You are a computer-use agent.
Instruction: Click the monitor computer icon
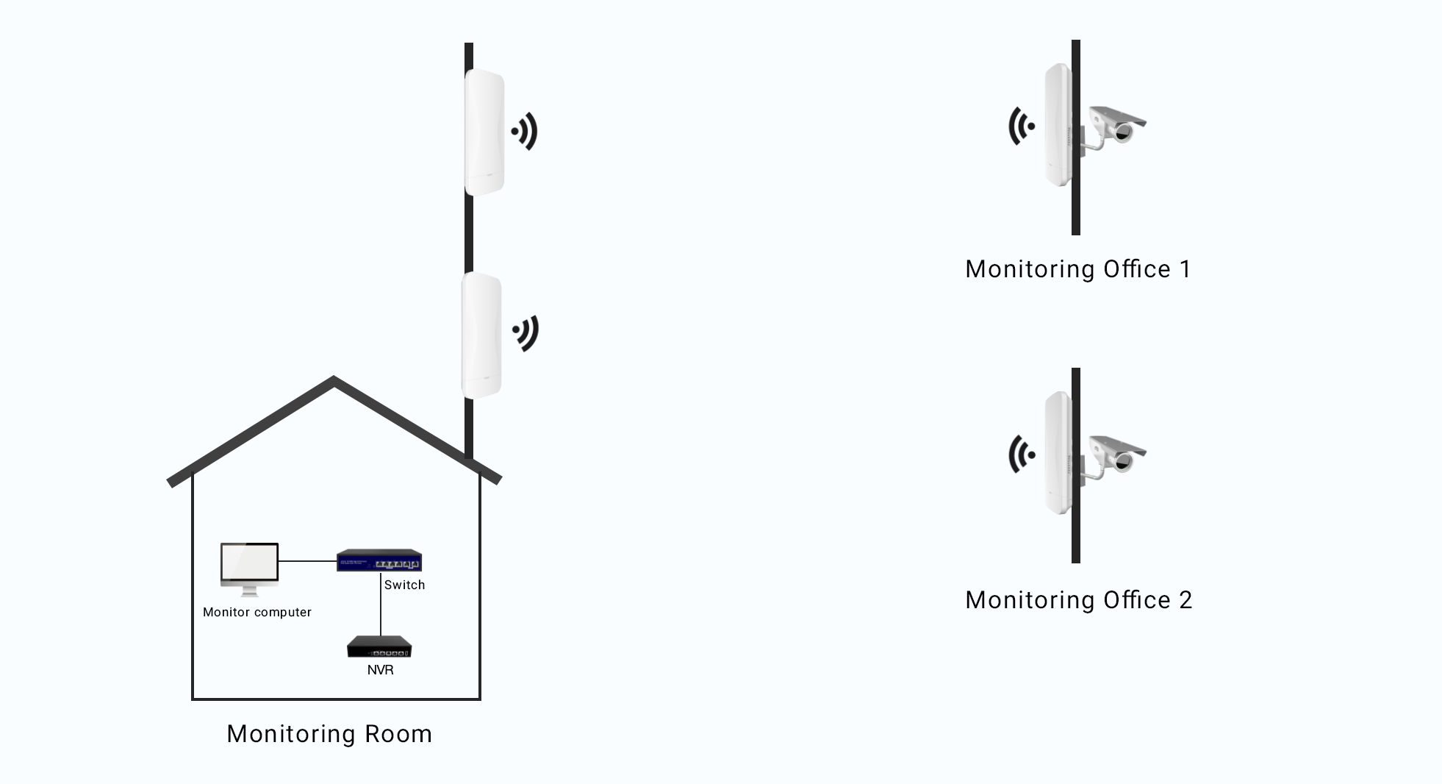point(249,567)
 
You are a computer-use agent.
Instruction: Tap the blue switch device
point(379,561)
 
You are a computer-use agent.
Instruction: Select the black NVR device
point(379,646)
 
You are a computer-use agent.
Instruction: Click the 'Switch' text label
point(404,585)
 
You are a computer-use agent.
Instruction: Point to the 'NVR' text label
point(380,670)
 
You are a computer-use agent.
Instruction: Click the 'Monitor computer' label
point(257,612)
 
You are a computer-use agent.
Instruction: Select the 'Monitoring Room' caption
point(329,734)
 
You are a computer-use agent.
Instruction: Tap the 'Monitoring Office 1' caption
point(1078,269)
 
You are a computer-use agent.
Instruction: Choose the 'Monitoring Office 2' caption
point(1078,600)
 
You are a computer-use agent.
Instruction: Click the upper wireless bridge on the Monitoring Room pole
point(484,132)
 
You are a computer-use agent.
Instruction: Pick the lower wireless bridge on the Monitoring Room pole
point(481,335)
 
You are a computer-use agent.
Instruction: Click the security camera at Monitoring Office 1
point(1116,126)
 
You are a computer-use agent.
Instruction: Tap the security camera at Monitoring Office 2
point(1116,455)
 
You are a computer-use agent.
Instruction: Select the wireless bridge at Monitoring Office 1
point(1058,125)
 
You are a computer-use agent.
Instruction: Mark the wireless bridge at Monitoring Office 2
point(1058,453)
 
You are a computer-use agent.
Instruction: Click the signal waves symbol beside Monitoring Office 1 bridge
point(1021,126)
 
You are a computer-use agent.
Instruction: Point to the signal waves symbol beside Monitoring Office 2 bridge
point(1021,455)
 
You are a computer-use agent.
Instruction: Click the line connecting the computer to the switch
point(307,561)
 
